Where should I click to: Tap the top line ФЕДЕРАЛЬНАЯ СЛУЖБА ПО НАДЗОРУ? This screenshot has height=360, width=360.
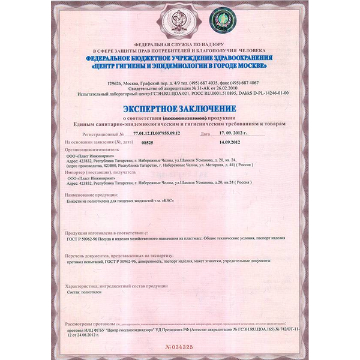(179, 46)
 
